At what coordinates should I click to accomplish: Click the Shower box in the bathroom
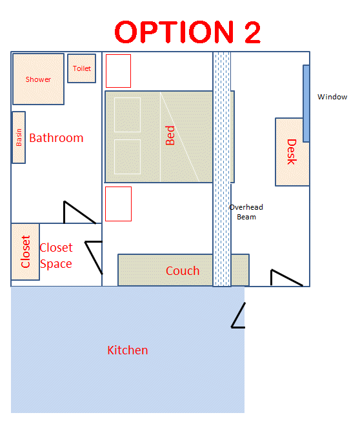pyautogui.click(x=38, y=79)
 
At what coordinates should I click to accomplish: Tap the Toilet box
pyautogui.click(x=82, y=68)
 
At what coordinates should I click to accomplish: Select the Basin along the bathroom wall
pyautogui.click(x=19, y=137)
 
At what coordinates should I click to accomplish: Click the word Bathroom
pyautogui.click(x=56, y=138)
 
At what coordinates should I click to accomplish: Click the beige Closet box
pyautogui.click(x=25, y=252)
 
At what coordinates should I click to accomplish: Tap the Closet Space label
pyautogui.click(x=56, y=256)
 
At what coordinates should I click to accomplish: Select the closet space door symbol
pyautogui.click(x=94, y=257)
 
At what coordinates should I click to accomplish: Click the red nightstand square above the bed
pyautogui.click(x=118, y=71)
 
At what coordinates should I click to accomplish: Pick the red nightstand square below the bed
pyautogui.click(x=118, y=204)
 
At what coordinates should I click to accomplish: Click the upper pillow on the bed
pyautogui.click(x=127, y=115)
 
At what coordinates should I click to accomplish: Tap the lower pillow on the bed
pyautogui.click(x=127, y=157)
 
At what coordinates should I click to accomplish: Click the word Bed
pyautogui.click(x=170, y=136)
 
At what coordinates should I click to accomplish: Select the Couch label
pyautogui.click(x=183, y=271)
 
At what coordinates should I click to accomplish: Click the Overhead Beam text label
pyautogui.click(x=246, y=212)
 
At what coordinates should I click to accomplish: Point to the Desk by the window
pyautogui.click(x=292, y=152)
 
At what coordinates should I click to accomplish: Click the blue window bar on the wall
pyautogui.click(x=306, y=103)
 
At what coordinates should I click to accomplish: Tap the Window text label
pyautogui.click(x=332, y=97)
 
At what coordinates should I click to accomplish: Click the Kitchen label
pyautogui.click(x=128, y=350)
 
